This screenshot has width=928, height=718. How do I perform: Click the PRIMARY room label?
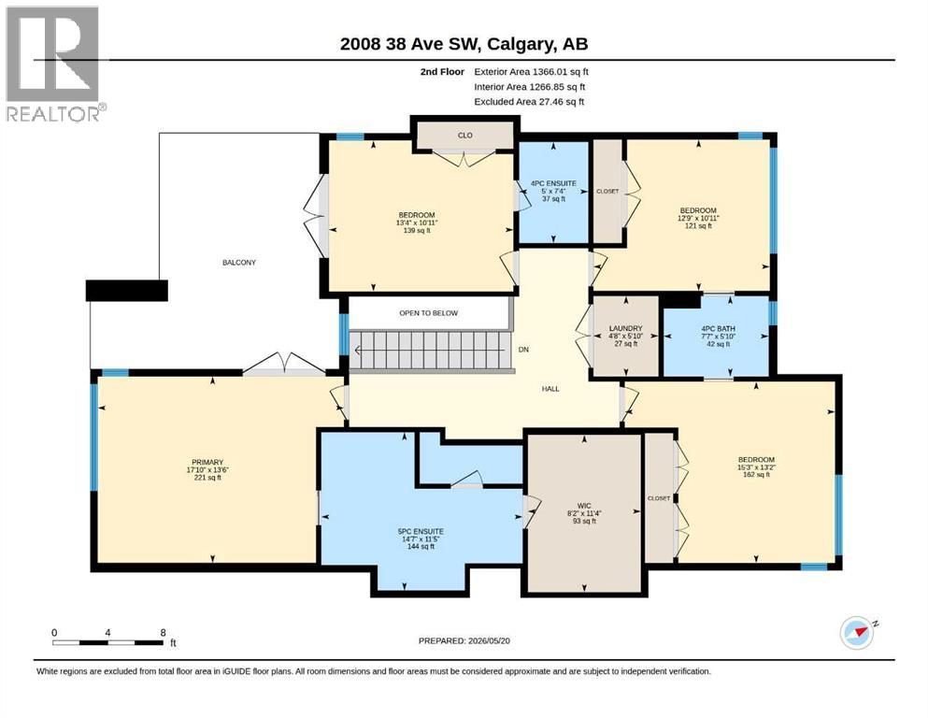click(x=207, y=462)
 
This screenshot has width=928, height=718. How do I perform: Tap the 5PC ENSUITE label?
click(x=421, y=532)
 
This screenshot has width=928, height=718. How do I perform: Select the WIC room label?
click(x=584, y=506)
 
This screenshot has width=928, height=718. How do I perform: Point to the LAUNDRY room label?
click(x=625, y=328)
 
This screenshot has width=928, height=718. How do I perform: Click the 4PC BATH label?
click(x=718, y=328)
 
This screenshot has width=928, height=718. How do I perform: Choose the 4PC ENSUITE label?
click(x=553, y=183)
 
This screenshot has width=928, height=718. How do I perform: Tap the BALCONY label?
click(x=239, y=262)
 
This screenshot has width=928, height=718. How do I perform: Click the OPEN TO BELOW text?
click(x=429, y=313)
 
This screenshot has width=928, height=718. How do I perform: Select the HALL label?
click(x=550, y=389)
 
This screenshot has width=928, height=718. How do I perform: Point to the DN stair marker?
click(x=523, y=350)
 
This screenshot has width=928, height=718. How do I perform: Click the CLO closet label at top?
click(x=465, y=136)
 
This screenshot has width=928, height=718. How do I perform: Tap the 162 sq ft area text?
click(x=756, y=475)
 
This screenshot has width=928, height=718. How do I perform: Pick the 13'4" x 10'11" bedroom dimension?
click(x=417, y=223)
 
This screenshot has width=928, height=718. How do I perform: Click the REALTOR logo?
click(x=53, y=64)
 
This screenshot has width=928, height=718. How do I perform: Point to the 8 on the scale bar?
click(x=163, y=633)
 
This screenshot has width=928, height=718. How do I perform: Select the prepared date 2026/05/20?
click(x=489, y=640)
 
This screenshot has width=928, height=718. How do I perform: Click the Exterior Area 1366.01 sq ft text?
click(x=532, y=72)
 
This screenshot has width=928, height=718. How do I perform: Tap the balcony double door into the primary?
click(x=284, y=365)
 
